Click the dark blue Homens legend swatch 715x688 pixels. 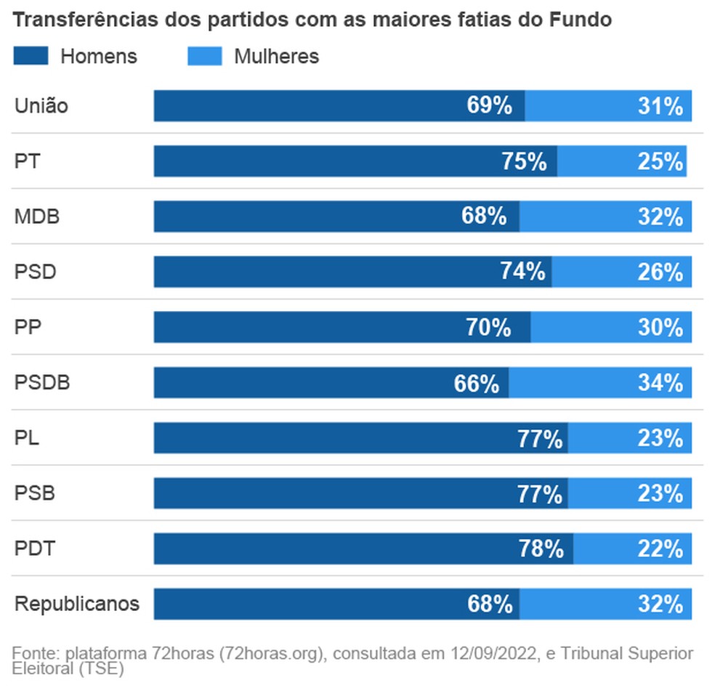[31, 56]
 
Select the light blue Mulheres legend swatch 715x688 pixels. [204, 56]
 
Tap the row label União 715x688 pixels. [41, 106]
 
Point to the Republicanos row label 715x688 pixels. [77, 604]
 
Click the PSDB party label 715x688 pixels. [42, 383]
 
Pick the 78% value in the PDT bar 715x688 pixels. [541, 549]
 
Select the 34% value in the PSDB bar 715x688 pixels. [661, 383]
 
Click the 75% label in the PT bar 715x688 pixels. [524, 161]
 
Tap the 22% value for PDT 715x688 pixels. [661, 549]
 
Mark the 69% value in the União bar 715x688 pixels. [490, 106]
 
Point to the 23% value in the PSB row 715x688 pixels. [661, 494]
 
